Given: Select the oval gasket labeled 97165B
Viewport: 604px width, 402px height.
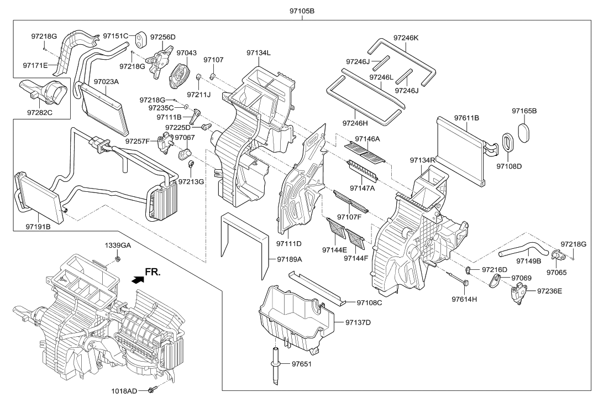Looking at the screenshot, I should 525,133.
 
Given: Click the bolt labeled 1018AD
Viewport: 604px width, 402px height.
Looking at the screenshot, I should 150,390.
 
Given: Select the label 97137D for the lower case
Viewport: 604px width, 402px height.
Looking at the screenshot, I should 359,322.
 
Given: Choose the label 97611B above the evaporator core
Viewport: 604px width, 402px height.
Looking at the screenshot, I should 466,118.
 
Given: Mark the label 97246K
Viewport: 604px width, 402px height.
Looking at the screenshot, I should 406,38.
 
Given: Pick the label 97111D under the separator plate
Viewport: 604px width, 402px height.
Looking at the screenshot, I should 289,243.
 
